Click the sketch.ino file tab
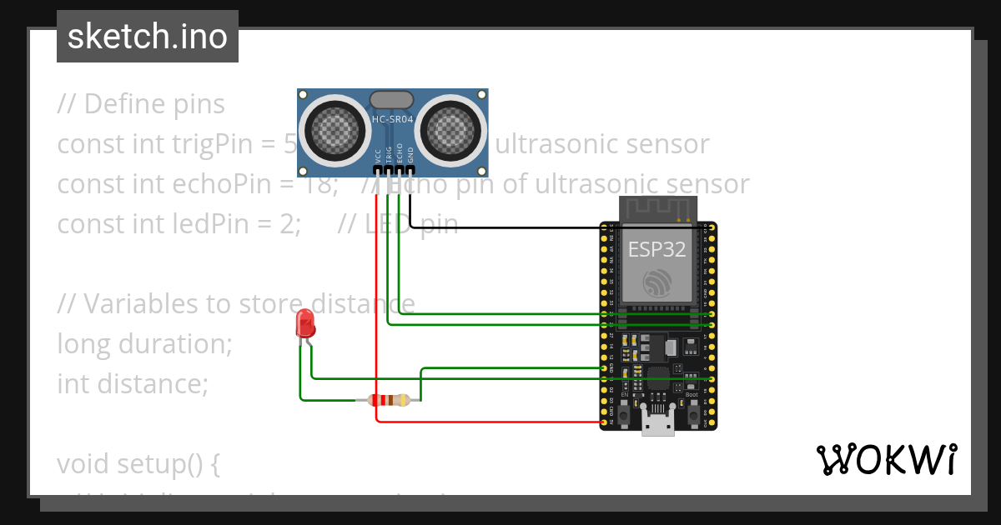[148, 37]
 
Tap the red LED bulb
[305, 323]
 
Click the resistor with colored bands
[389, 400]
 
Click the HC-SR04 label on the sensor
[392, 120]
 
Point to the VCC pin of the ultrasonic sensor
[378, 170]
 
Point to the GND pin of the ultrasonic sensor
[410, 170]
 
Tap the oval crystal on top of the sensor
[391, 99]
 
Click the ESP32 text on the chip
[657, 249]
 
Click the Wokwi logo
[886, 460]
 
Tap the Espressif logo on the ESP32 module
[658, 283]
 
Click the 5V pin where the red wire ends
[604, 422]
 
